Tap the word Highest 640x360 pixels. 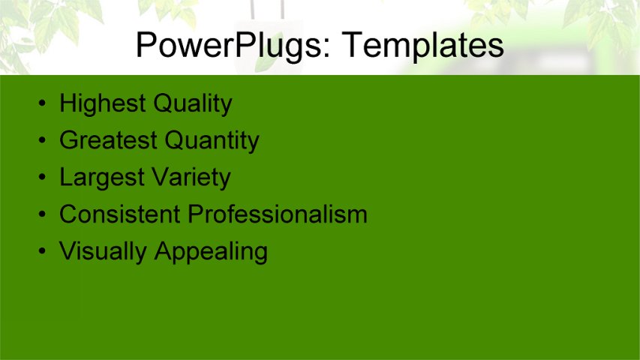pos(102,103)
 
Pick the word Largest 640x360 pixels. pos(102,178)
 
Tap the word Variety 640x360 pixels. pos(191,178)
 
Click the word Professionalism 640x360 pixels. pos(278,214)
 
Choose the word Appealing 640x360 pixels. pos(211,252)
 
